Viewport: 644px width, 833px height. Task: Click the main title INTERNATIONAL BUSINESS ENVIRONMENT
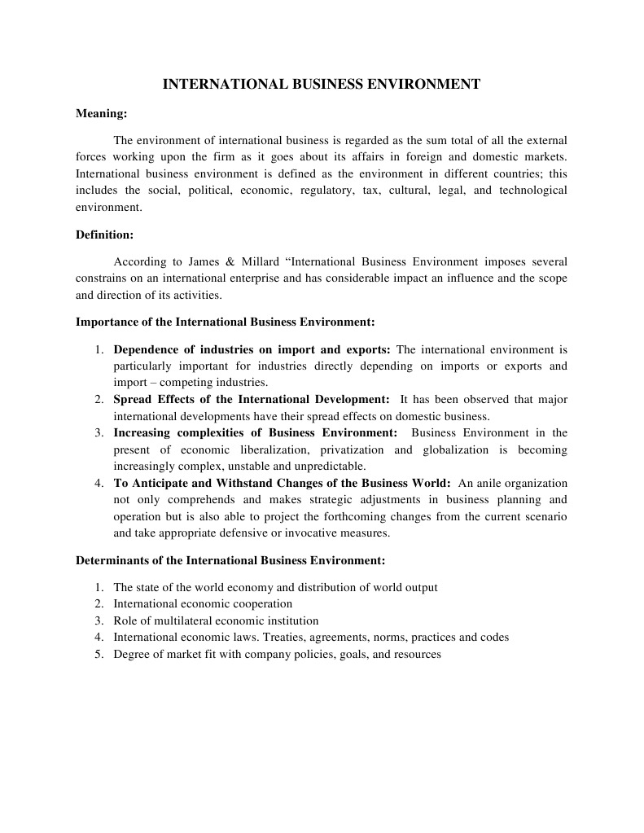click(322, 84)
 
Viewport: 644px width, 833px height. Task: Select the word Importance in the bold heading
click(105, 322)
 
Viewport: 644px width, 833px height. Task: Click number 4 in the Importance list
click(98, 483)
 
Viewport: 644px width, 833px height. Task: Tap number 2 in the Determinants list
click(98, 603)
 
